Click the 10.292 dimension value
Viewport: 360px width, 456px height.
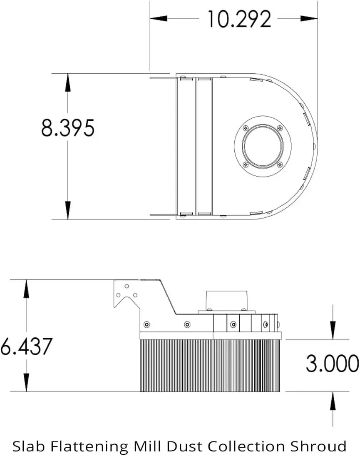[239, 19]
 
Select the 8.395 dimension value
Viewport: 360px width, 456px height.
[68, 128]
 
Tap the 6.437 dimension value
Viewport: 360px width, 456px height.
[26, 346]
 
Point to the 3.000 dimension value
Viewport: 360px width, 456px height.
[333, 363]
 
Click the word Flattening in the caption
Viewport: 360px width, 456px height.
[89, 446]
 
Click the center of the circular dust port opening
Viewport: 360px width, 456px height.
[263, 146]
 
